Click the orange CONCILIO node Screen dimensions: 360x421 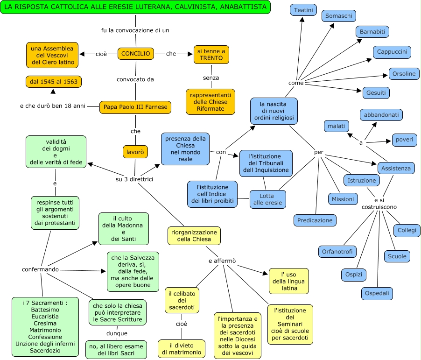tap(135, 54)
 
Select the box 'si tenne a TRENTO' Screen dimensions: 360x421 tap(211, 54)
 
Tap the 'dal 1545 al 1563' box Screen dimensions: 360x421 tap(53, 82)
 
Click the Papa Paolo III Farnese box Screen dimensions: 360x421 tap(135, 107)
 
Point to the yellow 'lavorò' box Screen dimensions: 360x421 tap(135, 152)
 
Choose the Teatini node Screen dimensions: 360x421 tap(303, 9)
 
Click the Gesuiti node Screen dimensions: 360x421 tap(376, 92)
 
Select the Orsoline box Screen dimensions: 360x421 tap(404, 74)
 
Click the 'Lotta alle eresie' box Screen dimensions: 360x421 tap(267, 199)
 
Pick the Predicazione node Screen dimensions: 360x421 tap(315, 220)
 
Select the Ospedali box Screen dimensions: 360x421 tap(377, 293)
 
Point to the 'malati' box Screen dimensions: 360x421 tap(336, 126)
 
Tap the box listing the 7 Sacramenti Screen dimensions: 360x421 tap(45, 326)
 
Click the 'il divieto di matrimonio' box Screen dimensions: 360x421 tap(182, 349)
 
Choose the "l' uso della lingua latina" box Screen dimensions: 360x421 tap(289, 281)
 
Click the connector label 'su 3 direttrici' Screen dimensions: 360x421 tap(135, 179)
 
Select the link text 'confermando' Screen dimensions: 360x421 tap(41, 269)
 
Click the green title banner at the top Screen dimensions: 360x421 tap(135, 7)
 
